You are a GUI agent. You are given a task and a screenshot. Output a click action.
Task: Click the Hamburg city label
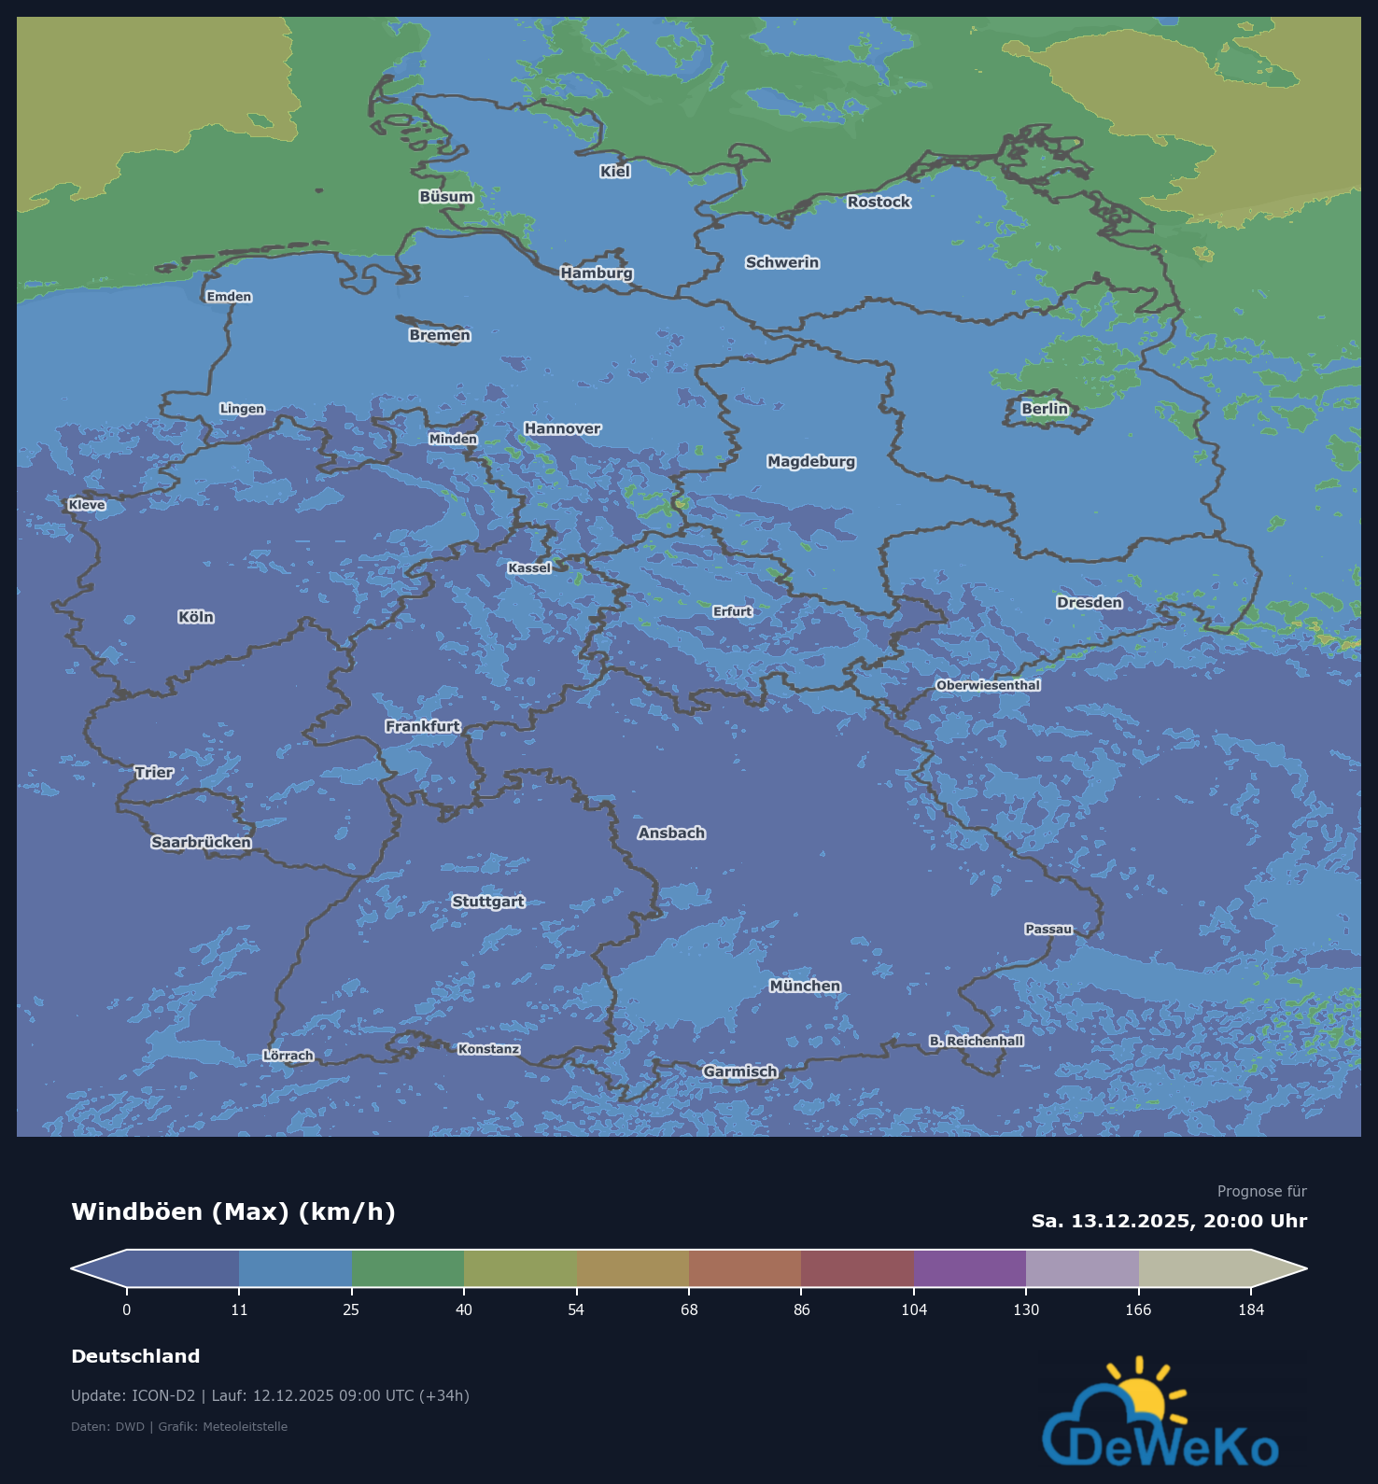[x=597, y=273]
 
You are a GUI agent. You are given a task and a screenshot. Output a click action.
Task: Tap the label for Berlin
[x=1044, y=409]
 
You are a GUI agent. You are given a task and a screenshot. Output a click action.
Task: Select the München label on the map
[x=805, y=986]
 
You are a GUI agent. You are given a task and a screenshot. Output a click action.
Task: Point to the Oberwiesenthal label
[x=988, y=685]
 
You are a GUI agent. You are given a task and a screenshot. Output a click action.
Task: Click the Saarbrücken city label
[x=202, y=842]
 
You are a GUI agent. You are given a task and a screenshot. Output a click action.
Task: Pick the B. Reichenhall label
[x=977, y=1041]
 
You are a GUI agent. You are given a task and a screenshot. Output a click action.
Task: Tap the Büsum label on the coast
[x=446, y=197]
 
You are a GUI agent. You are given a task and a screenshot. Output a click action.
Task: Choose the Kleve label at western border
[x=87, y=505]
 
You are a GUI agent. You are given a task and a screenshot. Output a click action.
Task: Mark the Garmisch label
[x=740, y=1071]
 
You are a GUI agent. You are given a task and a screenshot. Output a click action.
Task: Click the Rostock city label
[x=879, y=202]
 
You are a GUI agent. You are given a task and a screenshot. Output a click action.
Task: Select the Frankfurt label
[x=423, y=726]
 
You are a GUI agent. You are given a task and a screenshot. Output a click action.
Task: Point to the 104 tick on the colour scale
[x=914, y=1309]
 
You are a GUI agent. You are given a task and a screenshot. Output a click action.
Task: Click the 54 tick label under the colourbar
[x=576, y=1309]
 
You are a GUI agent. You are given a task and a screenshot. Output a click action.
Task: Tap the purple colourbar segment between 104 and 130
[x=970, y=1268]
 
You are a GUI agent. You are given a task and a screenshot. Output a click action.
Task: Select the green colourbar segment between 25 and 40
[x=408, y=1268]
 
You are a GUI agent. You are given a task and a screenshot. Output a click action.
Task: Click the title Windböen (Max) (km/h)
[x=233, y=1211]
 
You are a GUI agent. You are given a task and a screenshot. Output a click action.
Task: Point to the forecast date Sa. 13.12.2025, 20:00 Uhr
[x=1169, y=1221]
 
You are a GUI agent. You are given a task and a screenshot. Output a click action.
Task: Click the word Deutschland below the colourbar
[x=135, y=1356]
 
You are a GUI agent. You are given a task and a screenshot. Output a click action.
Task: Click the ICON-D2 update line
[x=270, y=1395]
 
